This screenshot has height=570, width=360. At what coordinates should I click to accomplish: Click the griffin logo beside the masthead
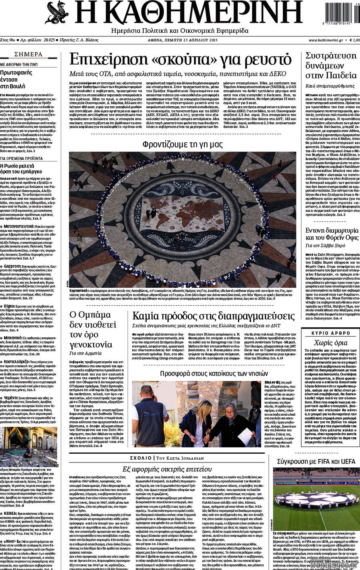(x=57, y=13)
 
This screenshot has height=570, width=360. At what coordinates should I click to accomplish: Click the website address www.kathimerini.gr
(x=326, y=40)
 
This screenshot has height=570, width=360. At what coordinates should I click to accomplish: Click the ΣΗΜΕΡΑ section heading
(x=28, y=54)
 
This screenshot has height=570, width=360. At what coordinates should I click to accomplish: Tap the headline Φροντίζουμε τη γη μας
(x=182, y=144)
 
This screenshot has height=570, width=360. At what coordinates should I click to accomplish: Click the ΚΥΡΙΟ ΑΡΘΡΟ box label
(x=331, y=333)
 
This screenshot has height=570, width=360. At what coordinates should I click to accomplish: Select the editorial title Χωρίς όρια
(x=330, y=343)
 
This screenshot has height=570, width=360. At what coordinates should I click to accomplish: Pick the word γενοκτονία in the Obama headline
(x=91, y=344)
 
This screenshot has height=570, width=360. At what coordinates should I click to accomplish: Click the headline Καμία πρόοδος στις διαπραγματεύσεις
(x=213, y=316)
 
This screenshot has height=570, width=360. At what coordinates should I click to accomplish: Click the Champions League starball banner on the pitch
(x=316, y=500)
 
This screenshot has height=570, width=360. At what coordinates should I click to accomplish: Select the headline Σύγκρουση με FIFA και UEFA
(x=316, y=462)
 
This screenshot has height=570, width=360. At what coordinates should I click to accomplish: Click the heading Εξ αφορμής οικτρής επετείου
(x=167, y=469)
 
